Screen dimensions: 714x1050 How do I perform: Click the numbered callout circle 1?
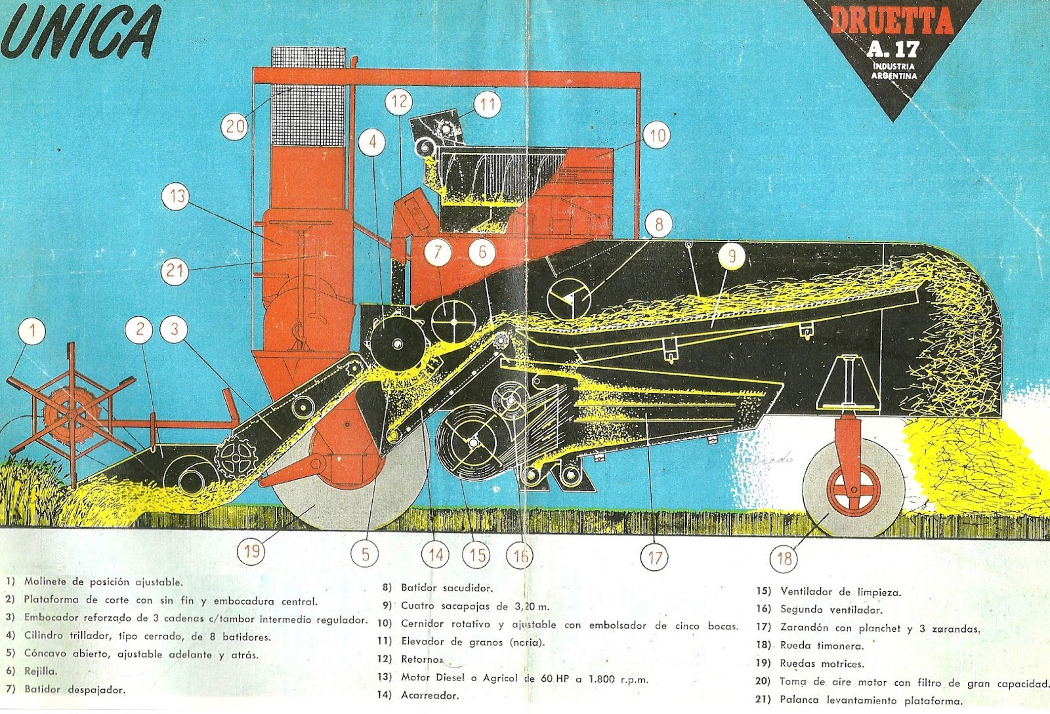pyautogui.click(x=33, y=331)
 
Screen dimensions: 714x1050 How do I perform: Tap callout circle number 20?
pyautogui.click(x=235, y=125)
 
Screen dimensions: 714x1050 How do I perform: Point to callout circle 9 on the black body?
pyautogui.click(x=732, y=256)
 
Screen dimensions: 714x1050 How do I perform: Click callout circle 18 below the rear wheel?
pyautogui.click(x=784, y=558)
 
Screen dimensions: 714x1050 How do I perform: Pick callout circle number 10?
pyautogui.click(x=657, y=136)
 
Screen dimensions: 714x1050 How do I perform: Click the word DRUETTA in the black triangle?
pyautogui.click(x=892, y=22)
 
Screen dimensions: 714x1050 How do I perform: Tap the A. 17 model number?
pyautogui.click(x=893, y=49)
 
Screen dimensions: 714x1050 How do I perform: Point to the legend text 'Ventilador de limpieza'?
pyautogui.click(x=841, y=592)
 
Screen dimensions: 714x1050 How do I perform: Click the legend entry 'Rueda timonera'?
pyautogui.click(x=822, y=646)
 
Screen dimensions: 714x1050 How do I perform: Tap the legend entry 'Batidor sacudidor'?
pyautogui.click(x=446, y=588)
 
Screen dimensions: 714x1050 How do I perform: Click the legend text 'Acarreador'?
pyautogui.click(x=430, y=696)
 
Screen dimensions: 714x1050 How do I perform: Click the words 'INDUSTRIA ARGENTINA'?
pyautogui.click(x=894, y=71)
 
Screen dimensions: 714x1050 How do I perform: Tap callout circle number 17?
pyautogui.click(x=655, y=558)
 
